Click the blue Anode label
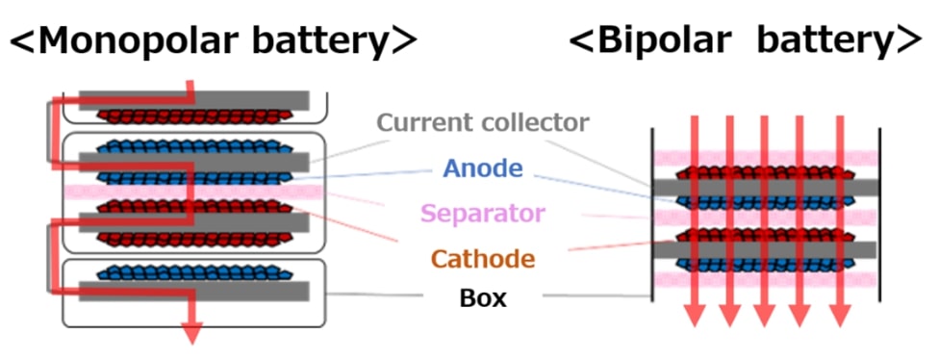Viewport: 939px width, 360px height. (482, 168)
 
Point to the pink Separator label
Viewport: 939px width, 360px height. (482, 213)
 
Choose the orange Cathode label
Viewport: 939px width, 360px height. (482, 258)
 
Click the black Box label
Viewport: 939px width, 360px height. (482, 298)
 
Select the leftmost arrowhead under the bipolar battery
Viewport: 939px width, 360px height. (692, 317)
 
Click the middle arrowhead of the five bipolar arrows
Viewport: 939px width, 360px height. (766, 317)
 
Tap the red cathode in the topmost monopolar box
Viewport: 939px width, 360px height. (192, 116)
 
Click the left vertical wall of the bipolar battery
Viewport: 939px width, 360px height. (653, 221)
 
